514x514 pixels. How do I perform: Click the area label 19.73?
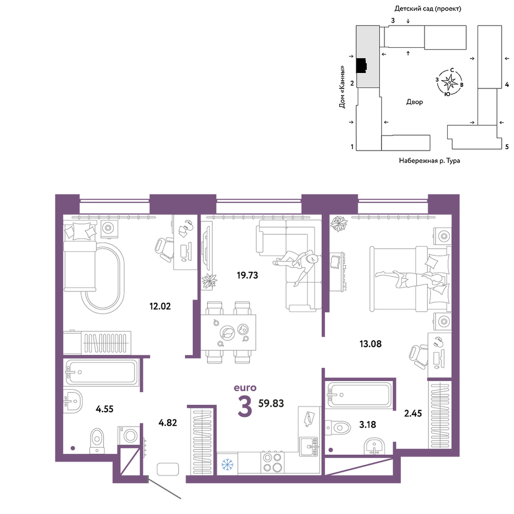[x=248, y=276]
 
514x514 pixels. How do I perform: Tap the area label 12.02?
[x=160, y=306]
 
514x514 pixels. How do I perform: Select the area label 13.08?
[x=371, y=344]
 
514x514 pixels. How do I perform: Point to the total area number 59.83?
[x=271, y=403]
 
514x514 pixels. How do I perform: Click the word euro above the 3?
[x=245, y=388]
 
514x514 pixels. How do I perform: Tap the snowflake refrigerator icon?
[x=227, y=464]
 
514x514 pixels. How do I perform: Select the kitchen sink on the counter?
[x=309, y=446]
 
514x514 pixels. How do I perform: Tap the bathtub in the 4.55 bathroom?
[x=102, y=372]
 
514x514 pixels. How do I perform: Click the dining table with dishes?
[x=228, y=333]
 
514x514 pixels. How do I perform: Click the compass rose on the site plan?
[x=449, y=82]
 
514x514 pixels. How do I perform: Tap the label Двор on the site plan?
[x=415, y=102]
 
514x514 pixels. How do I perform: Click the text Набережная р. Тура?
[x=429, y=160]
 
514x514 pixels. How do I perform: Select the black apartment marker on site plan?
[x=361, y=66]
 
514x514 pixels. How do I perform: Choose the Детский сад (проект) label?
[x=428, y=9]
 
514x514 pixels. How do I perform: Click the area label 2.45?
[x=413, y=413]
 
